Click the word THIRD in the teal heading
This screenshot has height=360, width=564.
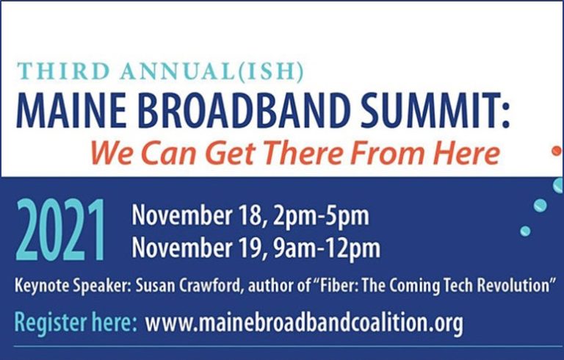pyautogui.click(x=63, y=71)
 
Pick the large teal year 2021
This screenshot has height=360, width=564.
pyautogui.click(x=60, y=231)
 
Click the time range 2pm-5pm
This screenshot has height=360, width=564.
pyautogui.click(x=321, y=216)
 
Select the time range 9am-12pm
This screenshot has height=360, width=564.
pyautogui.click(x=326, y=249)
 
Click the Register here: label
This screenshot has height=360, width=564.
pyautogui.click(x=76, y=323)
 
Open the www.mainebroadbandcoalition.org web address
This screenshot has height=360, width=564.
pyautogui.click(x=304, y=323)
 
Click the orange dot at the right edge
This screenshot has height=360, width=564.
pyautogui.click(x=557, y=151)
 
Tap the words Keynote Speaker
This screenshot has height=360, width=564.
pyautogui.click(x=72, y=287)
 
